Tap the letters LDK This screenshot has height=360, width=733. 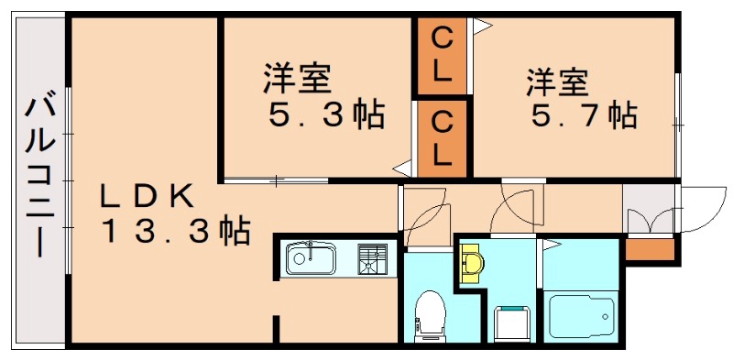click(147, 195)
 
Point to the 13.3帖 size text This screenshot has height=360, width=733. click(174, 231)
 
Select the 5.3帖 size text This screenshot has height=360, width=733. click(325, 116)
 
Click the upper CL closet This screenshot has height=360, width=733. click(442, 55)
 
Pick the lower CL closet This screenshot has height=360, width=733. click(442, 137)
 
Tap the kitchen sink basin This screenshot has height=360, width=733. click(312, 259)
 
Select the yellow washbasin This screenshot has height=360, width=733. click(473, 264)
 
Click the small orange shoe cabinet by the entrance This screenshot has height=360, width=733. click(650, 248)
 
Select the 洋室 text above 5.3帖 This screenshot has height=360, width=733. click(296, 78)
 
